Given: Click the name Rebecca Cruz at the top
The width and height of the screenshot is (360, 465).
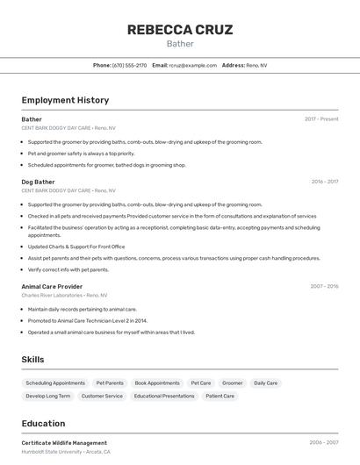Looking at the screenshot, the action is coord(180,30).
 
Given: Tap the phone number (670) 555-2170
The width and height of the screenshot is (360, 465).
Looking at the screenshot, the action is coord(129,65).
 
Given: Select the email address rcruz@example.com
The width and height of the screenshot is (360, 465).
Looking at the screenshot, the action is coord(192,65).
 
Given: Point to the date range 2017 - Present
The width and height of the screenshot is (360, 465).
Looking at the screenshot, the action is coord(321,119).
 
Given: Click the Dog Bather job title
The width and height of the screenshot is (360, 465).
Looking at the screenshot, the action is coord(38,182).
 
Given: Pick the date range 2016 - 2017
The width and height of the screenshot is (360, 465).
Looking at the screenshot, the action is coord(324,182).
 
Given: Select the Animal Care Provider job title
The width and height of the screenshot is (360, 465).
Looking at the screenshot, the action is coord(52,286).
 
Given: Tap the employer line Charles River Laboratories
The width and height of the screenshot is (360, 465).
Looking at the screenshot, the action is coord(64,296).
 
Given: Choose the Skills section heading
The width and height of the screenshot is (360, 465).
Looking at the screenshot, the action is coord(32,360).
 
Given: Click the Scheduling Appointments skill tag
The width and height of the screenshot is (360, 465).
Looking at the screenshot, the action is coord(55,383).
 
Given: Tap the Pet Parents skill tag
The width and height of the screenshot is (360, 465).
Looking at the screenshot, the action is coord(110,383).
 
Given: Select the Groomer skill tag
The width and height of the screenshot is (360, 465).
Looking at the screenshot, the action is coord(232,383).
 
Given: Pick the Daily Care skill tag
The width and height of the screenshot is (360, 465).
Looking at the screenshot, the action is coord(265,383).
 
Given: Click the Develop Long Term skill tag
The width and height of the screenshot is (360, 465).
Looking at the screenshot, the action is coord(48,397).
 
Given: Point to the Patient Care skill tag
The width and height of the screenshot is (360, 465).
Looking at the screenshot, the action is coord(220,397).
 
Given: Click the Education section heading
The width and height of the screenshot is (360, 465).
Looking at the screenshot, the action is coord(43,423).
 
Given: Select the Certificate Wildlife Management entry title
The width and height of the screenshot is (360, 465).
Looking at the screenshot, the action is coord(64,443).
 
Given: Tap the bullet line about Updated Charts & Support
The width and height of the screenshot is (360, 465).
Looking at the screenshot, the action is coord(76,247).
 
